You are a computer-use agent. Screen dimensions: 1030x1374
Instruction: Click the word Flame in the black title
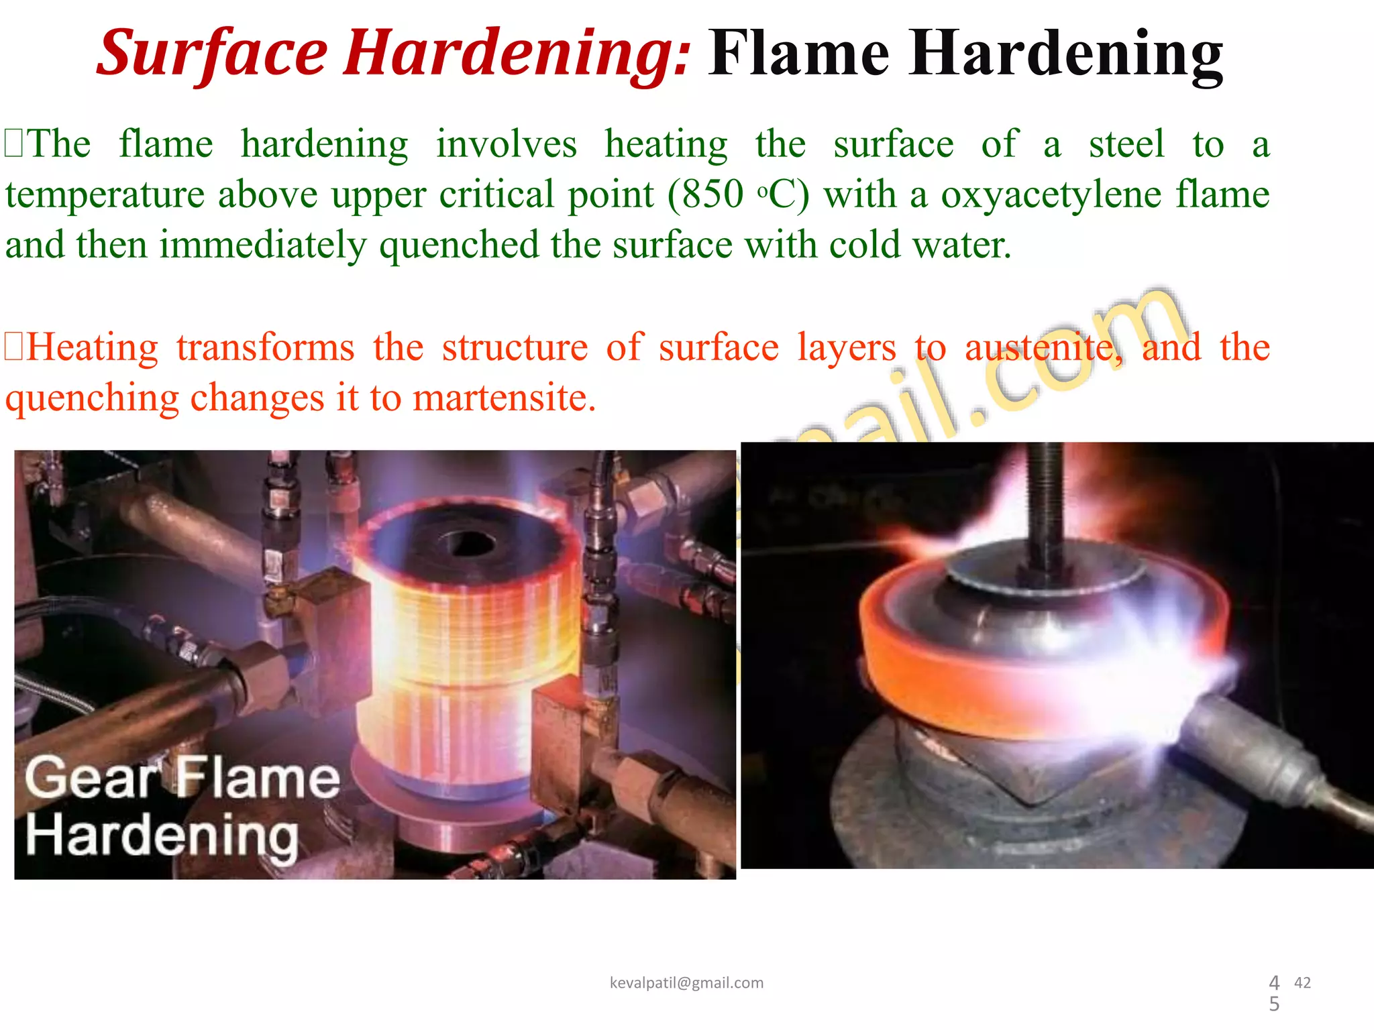798,54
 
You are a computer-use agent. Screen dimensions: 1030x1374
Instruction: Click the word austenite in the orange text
1043,348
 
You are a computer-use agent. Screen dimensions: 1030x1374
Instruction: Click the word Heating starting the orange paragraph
93,348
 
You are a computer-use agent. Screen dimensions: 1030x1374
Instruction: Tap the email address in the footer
686,982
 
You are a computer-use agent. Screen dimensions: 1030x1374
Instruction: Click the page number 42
1302,982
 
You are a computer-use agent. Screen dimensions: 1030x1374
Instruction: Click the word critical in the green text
497,194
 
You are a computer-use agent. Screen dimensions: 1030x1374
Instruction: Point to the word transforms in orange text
265,348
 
